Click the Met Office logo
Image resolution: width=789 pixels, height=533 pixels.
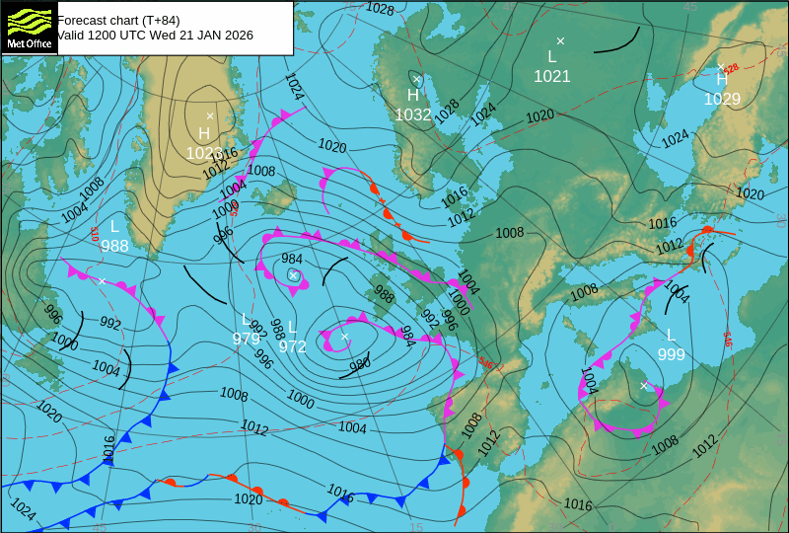(x=30, y=27)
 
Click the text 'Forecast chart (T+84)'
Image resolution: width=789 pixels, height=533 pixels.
(x=118, y=20)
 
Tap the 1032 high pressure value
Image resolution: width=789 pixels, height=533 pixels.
(x=413, y=114)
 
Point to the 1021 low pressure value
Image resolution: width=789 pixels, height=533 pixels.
(x=552, y=76)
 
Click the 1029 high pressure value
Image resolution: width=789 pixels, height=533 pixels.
(x=722, y=99)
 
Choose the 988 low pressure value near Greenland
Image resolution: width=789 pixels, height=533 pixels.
(x=114, y=246)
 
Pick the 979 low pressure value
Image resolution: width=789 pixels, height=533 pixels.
(x=247, y=339)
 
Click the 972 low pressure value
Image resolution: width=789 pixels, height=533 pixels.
(x=292, y=346)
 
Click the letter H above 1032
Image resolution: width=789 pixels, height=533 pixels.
(x=413, y=96)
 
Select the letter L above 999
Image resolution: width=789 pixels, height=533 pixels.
(x=671, y=336)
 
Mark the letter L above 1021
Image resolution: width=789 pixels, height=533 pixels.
(x=552, y=57)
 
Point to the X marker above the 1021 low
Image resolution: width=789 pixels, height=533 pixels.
(x=560, y=40)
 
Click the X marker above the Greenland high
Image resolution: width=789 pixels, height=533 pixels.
(x=210, y=116)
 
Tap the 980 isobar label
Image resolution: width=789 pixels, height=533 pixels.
(x=359, y=364)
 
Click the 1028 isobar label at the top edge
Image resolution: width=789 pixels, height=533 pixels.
(x=380, y=9)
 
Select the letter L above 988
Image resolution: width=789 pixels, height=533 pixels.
(x=114, y=226)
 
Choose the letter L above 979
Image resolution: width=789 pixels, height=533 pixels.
(x=246, y=319)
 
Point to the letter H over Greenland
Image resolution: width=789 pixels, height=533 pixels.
(x=204, y=133)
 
